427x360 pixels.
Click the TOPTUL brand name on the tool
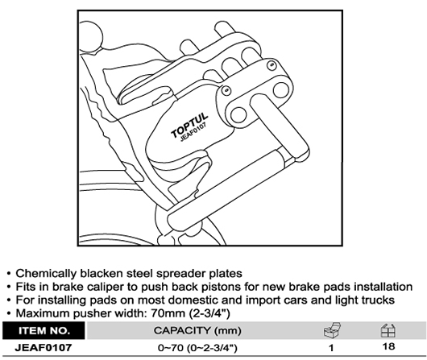coord(189,126)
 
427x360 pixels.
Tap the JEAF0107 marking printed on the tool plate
coord(193,132)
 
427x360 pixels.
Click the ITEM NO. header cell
coord(44,330)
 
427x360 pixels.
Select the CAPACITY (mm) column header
coord(197,330)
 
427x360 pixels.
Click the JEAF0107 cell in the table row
coord(44,347)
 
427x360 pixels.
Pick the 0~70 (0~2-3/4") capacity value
coord(197,348)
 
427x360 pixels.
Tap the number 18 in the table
coord(388,346)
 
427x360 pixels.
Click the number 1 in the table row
coord(331,348)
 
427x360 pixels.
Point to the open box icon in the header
coord(332,330)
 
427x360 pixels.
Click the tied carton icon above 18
coord(388,330)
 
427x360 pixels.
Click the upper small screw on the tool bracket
coord(272,64)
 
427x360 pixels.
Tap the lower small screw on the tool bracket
coord(226,90)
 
